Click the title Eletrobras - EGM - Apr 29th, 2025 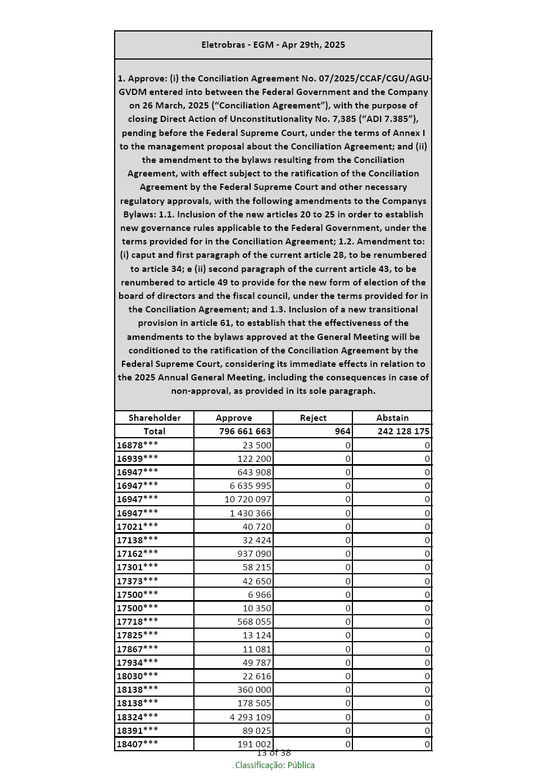pyautogui.click(x=273, y=45)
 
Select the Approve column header pyautogui.click(x=234, y=418)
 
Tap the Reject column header pyautogui.click(x=313, y=418)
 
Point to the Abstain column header pyautogui.click(x=392, y=418)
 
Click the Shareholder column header pyautogui.click(x=155, y=418)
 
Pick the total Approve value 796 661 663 pyautogui.click(x=245, y=432)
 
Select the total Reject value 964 pyautogui.click(x=343, y=432)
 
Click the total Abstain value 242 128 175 pyautogui.click(x=396, y=432)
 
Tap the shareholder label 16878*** pyautogui.click(x=138, y=445)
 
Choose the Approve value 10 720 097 pyautogui.click(x=248, y=500)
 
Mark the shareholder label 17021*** pyautogui.click(x=138, y=526)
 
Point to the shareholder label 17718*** pyautogui.click(x=138, y=622)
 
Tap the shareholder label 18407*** pyautogui.click(x=138, y=744)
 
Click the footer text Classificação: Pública pyautogui.click(x=275, y=765)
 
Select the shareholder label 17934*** pyautogui.click(x=138, y=662)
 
